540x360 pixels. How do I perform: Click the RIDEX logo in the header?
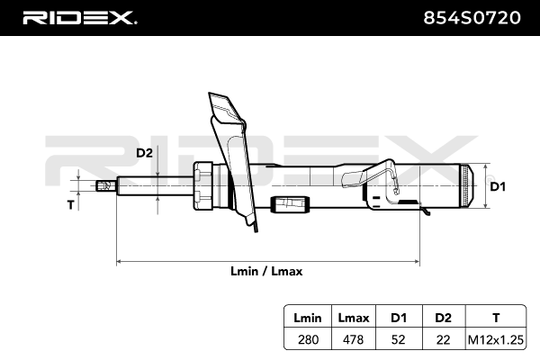(x=79, y=17)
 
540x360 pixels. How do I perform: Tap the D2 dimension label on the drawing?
(x=144, y=153)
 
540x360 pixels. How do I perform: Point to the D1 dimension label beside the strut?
(x=498, y=186)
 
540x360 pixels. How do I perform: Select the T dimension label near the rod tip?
(x=70, y=205)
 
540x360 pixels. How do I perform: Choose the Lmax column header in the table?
(x=352, y=318)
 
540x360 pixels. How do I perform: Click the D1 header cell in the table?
(x=398, y=318)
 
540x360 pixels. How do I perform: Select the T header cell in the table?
(x=493, y=318)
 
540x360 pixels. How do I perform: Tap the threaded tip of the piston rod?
(x=105, y=186)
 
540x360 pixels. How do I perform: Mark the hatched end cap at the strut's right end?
(x=463, y=186)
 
